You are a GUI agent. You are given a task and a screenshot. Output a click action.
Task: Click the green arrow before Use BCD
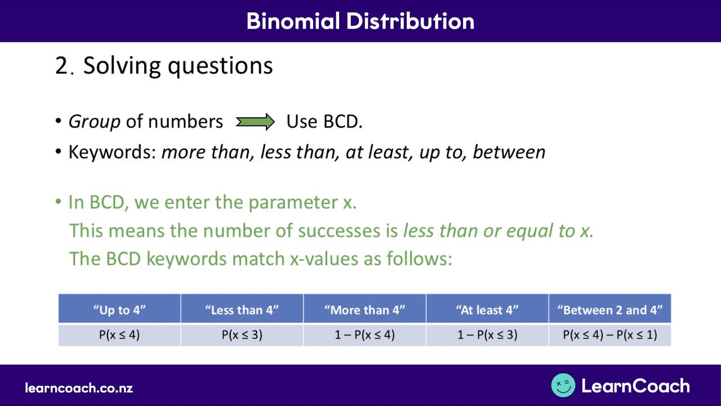pos(255,122)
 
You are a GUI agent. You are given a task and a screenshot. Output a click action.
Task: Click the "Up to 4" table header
pos(119,310)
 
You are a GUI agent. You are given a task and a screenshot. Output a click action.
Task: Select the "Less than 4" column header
pos(242,310)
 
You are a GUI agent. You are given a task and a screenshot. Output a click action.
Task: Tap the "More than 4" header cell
pos(364,310)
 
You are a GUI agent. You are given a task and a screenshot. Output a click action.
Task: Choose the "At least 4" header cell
pos(487,310)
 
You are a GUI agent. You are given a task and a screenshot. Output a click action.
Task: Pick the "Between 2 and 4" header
pos(609,310)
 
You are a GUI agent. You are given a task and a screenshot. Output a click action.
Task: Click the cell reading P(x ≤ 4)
pos(119,334)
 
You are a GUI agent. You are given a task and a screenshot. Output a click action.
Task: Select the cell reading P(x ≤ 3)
pos(242,334)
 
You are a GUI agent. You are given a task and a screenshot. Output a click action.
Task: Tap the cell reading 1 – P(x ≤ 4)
pos(364,334)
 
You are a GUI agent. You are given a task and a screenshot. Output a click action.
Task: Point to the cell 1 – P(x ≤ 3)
pos(487,334)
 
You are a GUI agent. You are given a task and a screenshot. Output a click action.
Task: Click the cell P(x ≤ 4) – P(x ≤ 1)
pos(609,334)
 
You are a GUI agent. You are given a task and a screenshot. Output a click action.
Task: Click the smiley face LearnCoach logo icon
pos(563,386)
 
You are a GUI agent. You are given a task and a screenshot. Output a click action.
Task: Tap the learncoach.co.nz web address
pos(79,388)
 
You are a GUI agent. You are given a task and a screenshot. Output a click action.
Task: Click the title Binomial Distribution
pos(360,21)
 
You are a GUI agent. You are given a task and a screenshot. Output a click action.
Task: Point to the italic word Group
pos(94,122)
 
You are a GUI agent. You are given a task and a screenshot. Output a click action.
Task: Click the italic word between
pos(509,152)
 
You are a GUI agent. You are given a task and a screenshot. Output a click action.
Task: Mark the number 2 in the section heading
pos(61,66)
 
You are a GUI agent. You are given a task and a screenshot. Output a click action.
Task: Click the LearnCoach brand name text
pos(635,386)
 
